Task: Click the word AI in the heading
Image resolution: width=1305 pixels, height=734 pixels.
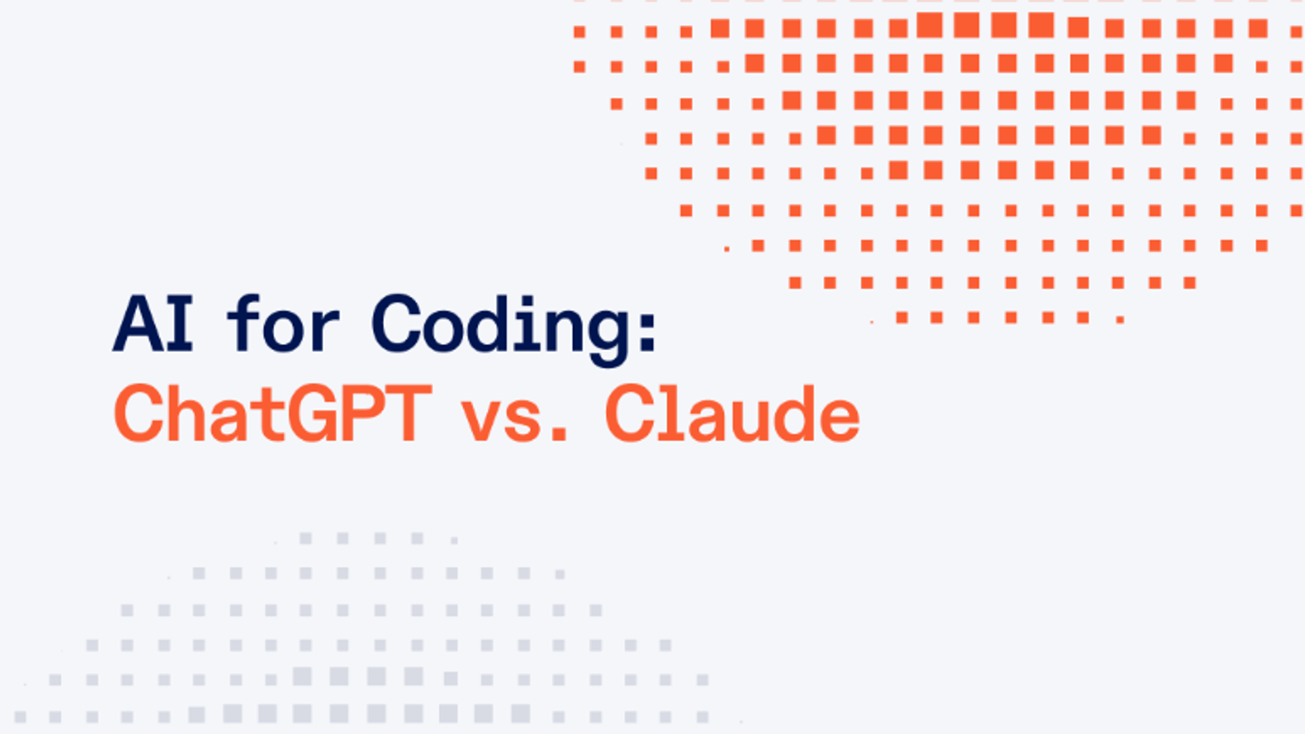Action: point(154,325)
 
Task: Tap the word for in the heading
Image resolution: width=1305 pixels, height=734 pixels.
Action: point(282,325)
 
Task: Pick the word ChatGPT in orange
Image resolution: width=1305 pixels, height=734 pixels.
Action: point(273,413)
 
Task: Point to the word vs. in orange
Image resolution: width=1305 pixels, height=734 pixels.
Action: point(513,415)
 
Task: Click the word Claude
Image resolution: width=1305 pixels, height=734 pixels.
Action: point(732,413)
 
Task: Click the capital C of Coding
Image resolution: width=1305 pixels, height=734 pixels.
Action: point(398,325)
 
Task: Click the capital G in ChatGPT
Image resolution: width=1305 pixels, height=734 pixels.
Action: point(312,413)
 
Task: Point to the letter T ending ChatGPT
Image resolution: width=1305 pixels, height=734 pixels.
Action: point(408,413)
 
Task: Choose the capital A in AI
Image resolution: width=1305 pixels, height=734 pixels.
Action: point(136,325)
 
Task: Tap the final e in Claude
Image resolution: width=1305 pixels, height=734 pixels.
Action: point(839,418)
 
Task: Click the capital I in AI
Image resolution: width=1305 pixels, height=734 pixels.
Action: point(179,325)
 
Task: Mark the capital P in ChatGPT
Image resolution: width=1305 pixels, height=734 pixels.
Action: point(361,413)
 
